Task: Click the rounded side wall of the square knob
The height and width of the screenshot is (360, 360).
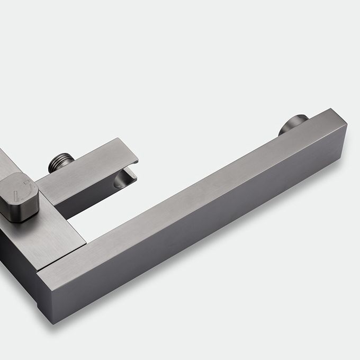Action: [x=21, y=209]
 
